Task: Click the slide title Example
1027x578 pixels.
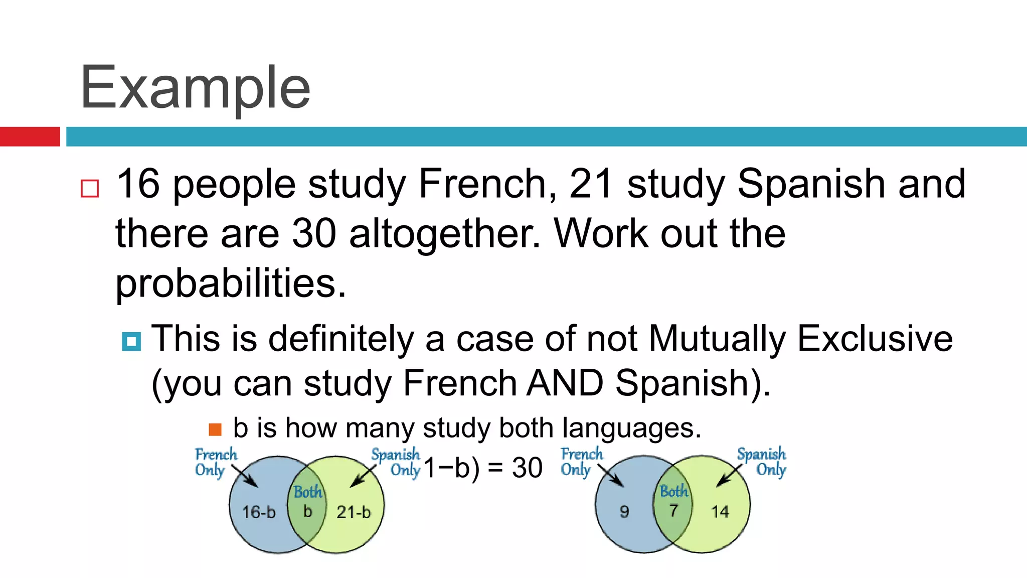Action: [195, 88]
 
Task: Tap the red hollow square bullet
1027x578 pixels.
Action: [90, 189]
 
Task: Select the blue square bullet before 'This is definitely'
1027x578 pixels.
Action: [131, 342]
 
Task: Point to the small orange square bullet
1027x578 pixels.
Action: [215, 429]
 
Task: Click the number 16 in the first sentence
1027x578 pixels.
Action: [138, 184]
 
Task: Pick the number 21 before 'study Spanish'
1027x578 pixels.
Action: [591, 184]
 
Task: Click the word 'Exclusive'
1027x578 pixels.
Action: [875, 339]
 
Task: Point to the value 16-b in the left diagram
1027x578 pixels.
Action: [259, 512]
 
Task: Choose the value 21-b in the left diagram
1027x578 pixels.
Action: [354, 512]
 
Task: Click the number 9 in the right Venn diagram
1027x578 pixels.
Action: [624, 512]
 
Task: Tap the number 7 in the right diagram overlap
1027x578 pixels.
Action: [673, 511]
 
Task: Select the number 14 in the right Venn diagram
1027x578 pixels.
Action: [720, 512]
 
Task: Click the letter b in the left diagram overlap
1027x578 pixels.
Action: [307, 511]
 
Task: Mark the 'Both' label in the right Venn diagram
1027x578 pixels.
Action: [673, 491]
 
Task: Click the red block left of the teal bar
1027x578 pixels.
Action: [30, 136]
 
